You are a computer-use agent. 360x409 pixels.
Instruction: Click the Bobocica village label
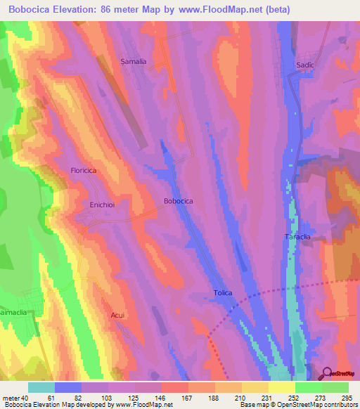click(x=179, y=201)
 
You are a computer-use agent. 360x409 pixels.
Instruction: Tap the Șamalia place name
click(x=133, y=62)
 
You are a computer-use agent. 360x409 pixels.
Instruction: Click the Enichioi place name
click(x=102, y=204)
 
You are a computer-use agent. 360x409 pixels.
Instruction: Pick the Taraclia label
click(x=297, y=237)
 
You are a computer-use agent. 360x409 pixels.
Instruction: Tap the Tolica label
click(x=223, y=292)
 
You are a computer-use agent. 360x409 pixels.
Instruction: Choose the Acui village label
click(x=117, y=316)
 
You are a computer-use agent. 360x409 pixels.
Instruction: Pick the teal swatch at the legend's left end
click(x=41, y=387)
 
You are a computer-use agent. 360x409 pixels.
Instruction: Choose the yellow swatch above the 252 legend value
click(x=282, y=387)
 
